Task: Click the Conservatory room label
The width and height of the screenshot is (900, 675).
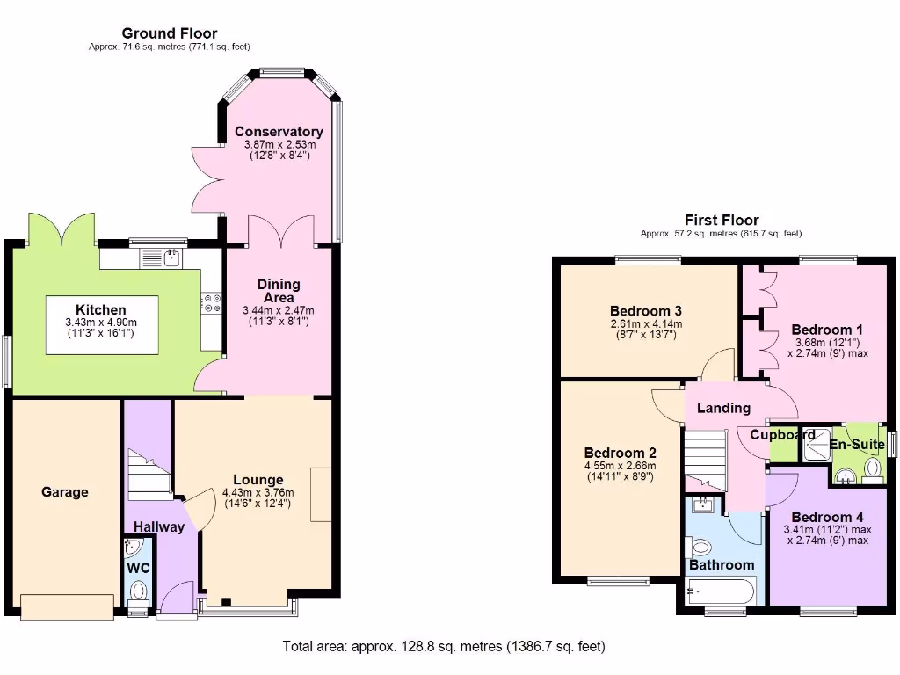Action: (279, 132)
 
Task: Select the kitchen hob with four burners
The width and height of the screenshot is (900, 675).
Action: (212, 303)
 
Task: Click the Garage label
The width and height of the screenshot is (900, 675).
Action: (65, 492)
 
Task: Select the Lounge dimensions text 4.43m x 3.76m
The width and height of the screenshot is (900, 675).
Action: (258, 492)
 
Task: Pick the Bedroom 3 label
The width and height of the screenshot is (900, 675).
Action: (646, 311)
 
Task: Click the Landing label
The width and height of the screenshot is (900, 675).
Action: (723, 408)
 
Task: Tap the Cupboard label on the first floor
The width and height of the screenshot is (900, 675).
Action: (782, 435)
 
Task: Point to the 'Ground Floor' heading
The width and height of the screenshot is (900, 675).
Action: (170, 33)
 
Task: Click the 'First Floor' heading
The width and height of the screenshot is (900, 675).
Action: (722, 220)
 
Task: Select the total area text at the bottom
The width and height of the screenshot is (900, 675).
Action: (444, 647)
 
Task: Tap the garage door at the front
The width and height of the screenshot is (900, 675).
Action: (67, 606)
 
